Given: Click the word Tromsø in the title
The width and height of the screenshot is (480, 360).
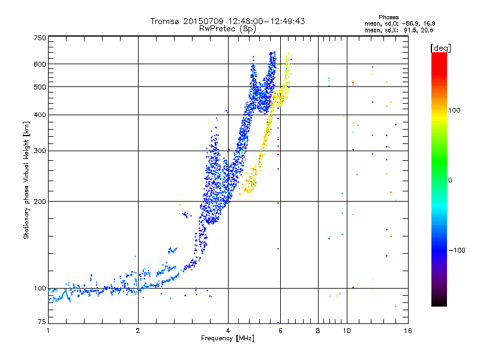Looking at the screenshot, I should pos(164,21).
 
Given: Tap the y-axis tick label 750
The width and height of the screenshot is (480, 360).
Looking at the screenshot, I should pos(39,37).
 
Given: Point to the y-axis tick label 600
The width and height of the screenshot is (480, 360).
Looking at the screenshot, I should pos(39,64).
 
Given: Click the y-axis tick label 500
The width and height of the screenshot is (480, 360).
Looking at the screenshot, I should pos(39,87).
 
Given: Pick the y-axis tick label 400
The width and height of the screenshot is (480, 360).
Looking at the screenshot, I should pos(39,115).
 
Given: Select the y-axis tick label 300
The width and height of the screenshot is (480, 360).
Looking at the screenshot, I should pos(39,151).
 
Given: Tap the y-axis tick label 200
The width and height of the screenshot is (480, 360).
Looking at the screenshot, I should pos(39,202).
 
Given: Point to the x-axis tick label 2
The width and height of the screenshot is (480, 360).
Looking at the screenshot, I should pos(138,331).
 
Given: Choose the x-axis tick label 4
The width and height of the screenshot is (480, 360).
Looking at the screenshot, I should pos(228,331).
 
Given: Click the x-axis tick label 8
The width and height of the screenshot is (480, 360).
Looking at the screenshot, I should pos(318,331).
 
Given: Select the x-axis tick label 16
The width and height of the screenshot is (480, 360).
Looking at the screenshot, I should pos(407,331).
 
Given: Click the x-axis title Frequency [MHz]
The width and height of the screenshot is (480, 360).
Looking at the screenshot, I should pos(228,338).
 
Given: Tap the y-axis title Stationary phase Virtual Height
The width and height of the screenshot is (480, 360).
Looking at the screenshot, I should pos(26,180).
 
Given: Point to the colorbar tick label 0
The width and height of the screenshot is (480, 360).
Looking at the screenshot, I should pos(451,180).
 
